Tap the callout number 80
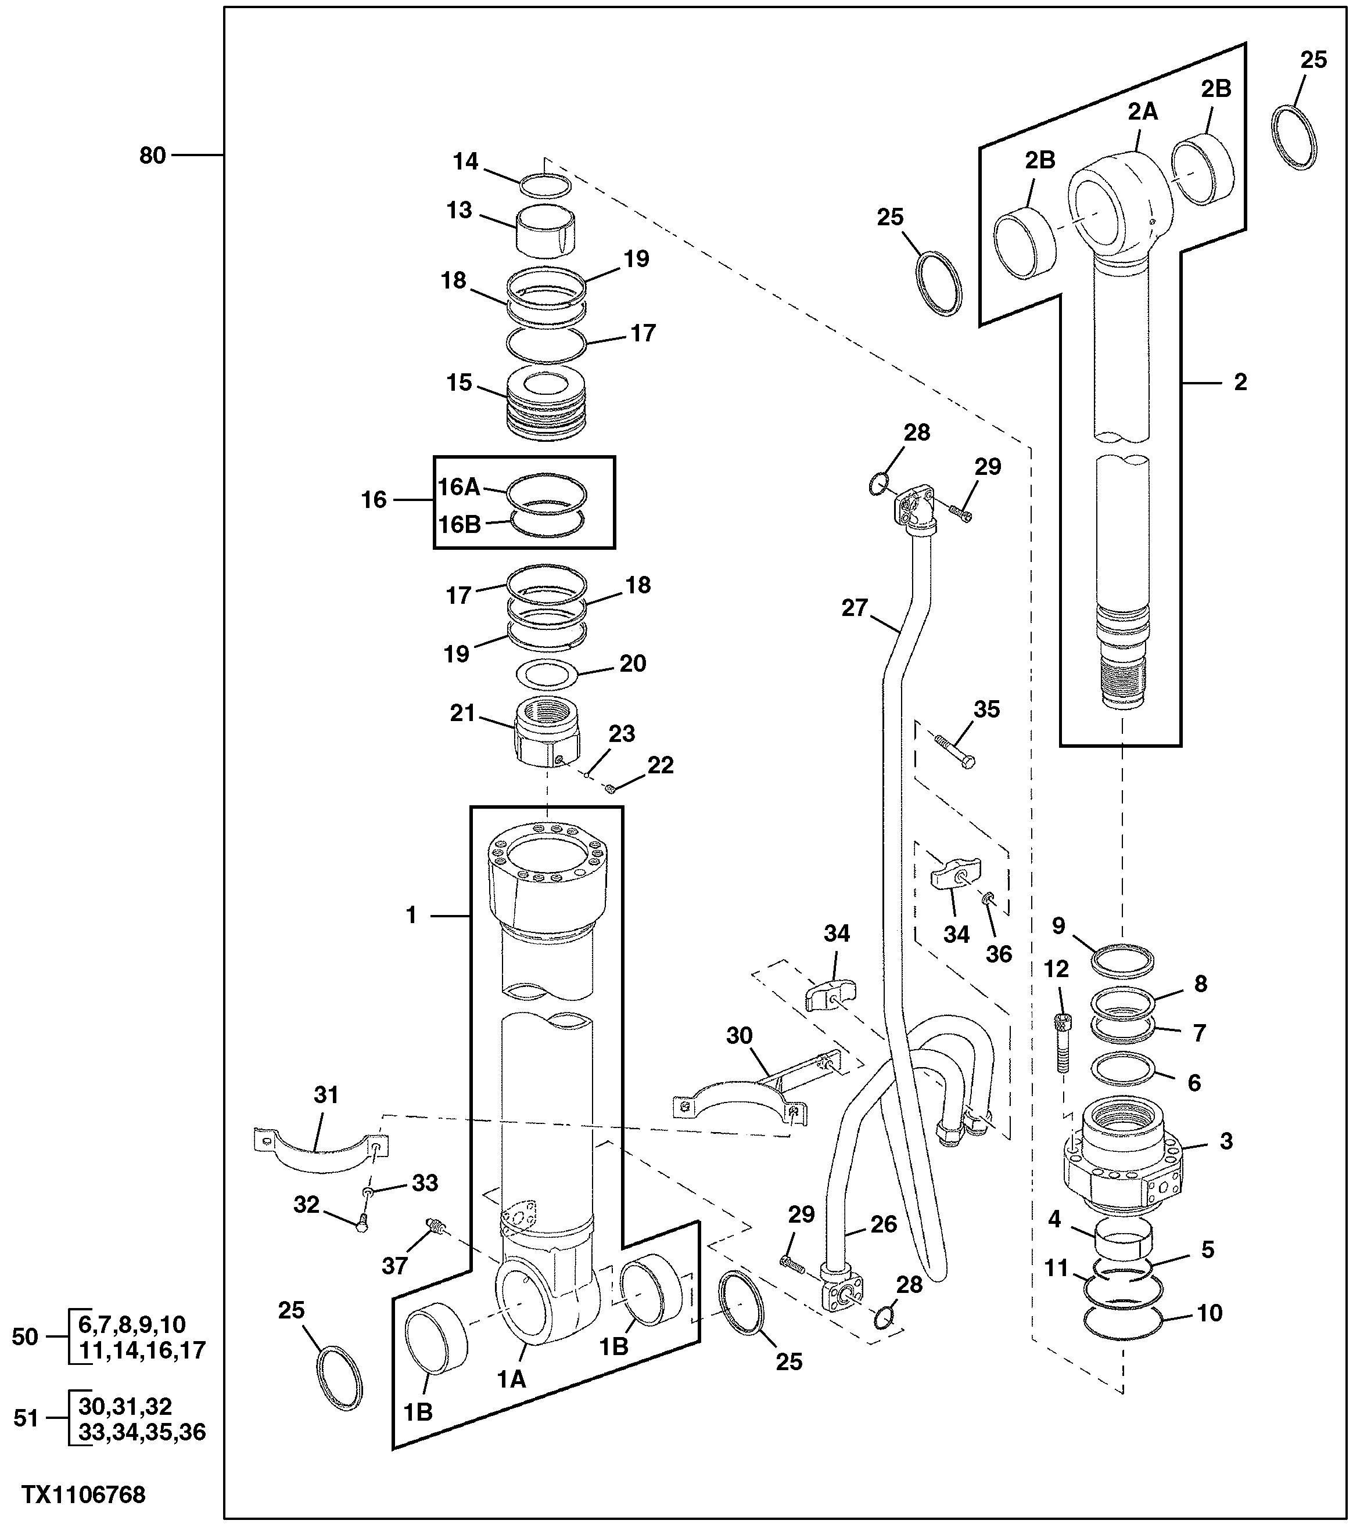pyautogui.click(x=152, y=156)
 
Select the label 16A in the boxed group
pyautogui.click(x=458, y=488)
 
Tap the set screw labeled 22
pyautogui.click(x=610, y=788)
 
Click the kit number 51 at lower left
pyautogui.click(x=26, y=1418)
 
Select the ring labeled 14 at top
pyautogui.click(x=546, y=186)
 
